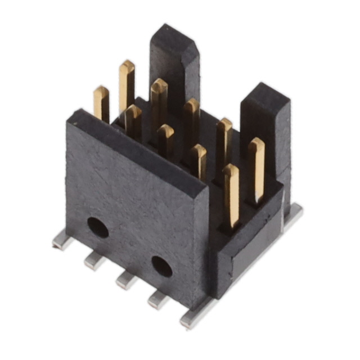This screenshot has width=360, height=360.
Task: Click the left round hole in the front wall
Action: (98, 227)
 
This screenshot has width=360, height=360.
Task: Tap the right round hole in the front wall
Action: (162, 266)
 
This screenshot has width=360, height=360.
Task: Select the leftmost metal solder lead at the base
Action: (62, 241)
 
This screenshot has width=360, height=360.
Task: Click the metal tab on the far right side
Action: (293, 213)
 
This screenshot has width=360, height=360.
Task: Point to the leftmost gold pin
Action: (101, 104)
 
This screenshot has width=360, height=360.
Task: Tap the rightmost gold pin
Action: (256, 169)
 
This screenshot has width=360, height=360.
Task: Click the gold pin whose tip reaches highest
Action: (127, 84)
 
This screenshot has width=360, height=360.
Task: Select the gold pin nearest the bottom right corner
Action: (231, 194)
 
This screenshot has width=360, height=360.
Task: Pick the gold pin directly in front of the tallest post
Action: (159, 104)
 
